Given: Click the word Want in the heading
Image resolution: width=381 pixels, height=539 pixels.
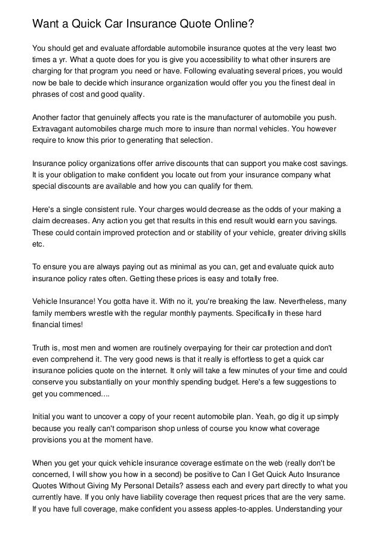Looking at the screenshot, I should point(46,24).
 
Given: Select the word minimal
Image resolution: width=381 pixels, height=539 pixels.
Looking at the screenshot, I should point(173,267).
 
